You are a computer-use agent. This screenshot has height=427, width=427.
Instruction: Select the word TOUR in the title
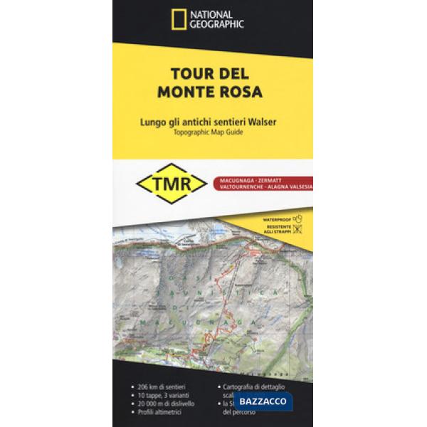coord(185,74)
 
